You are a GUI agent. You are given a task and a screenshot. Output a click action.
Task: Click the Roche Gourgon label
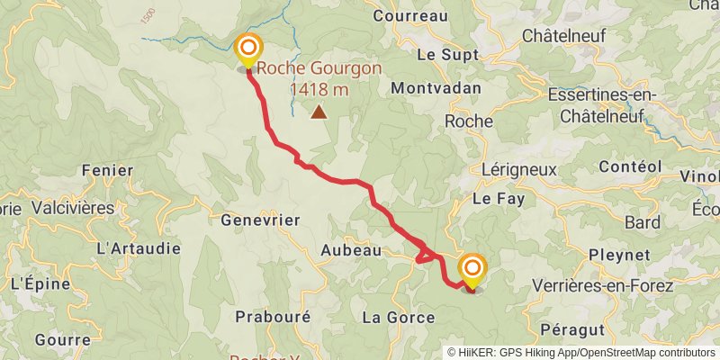[x=319, y=67]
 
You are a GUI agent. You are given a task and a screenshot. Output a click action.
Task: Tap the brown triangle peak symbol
[x=319, y=112]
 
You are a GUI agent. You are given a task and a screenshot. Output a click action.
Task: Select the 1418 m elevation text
[x=319, y=89]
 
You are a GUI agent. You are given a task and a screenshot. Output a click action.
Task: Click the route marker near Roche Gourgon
[x=247, y=49]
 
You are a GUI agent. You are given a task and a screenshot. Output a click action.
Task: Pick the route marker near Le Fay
[x=472, y=268]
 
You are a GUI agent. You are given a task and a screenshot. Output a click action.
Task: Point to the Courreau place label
[x=409, y=15]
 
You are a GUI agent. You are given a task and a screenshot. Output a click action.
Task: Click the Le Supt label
[x=440, y=54]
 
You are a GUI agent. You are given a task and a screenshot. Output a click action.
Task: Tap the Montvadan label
[x=436, y=88]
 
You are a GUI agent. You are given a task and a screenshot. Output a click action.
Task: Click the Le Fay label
[x=492, y=198]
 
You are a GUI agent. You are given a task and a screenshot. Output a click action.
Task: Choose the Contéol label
[x=630, y=166]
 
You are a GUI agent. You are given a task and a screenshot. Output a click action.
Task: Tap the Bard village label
[x=642, y=222]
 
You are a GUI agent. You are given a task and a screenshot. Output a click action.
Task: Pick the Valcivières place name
[x=73, y=207]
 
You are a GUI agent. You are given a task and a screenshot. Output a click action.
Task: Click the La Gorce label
[x=398, y=317]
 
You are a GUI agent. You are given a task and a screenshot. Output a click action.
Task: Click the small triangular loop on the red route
[x=422, y=255]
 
